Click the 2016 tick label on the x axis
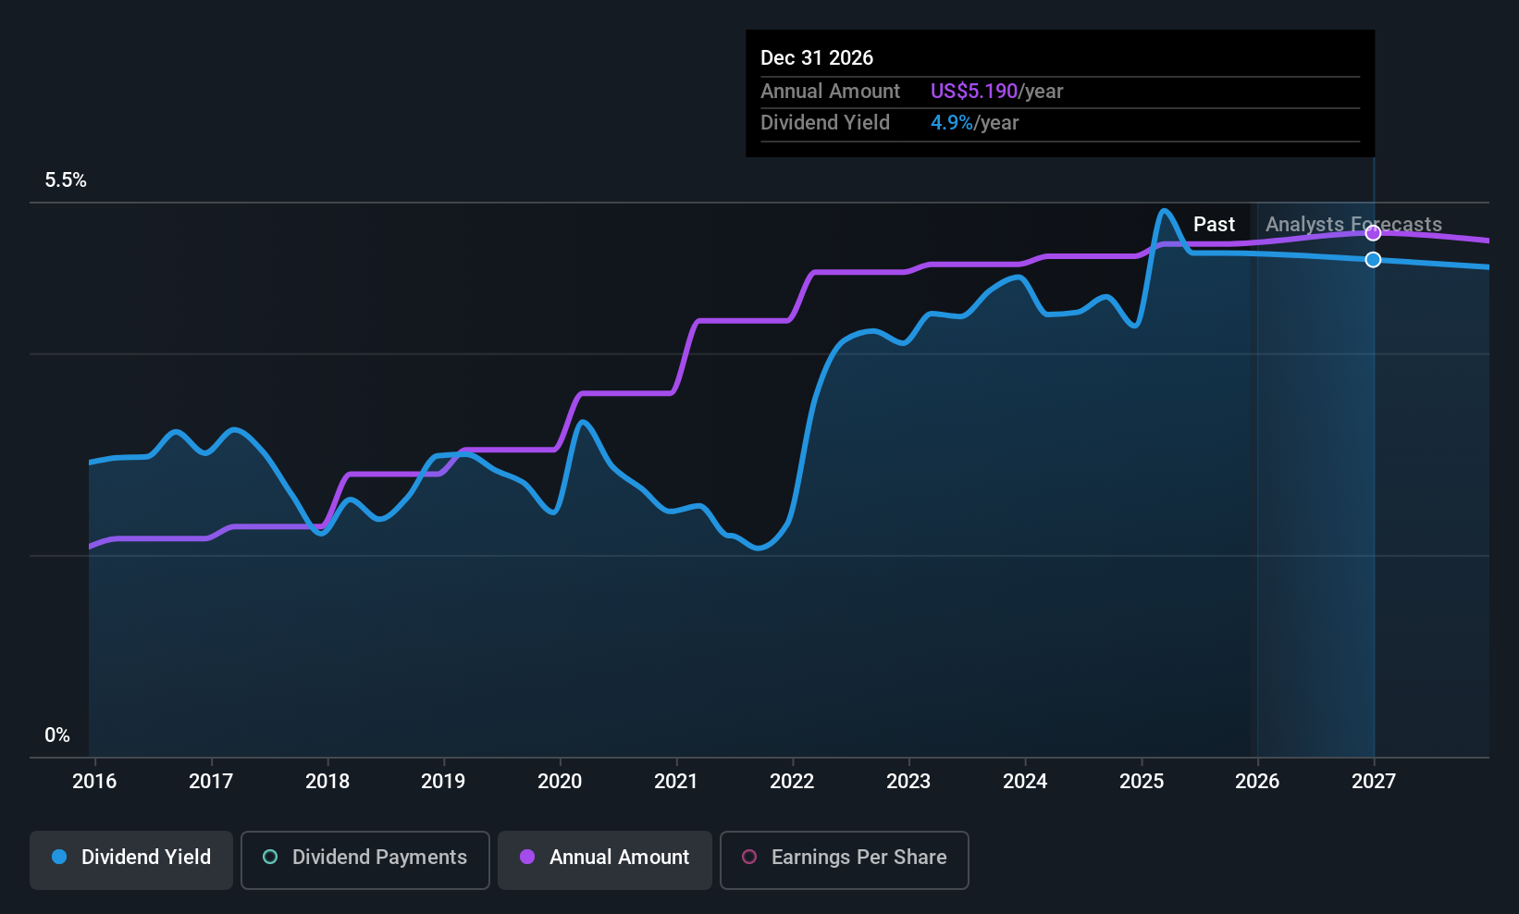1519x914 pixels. [94, 781]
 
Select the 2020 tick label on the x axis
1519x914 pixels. [560, 781]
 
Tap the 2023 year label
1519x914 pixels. [908, 781]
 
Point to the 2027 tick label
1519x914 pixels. [1373, 781]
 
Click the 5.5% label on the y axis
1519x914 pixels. [66, 180]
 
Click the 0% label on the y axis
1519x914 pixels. [57, 735]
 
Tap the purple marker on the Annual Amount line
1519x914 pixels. [1373, 233]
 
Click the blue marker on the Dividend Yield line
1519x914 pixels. [1373, 260]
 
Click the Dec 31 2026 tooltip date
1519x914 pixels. [817, 57]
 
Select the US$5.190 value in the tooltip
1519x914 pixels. [973, 91]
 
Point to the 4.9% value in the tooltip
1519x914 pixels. [951, 123]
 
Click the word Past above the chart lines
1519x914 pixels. [1214, 224]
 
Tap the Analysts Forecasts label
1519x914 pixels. [1352, 224]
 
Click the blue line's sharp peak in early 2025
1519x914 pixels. [1165, 211]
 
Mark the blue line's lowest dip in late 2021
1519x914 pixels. [759, 549]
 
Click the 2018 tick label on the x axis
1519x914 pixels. [327, 781]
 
